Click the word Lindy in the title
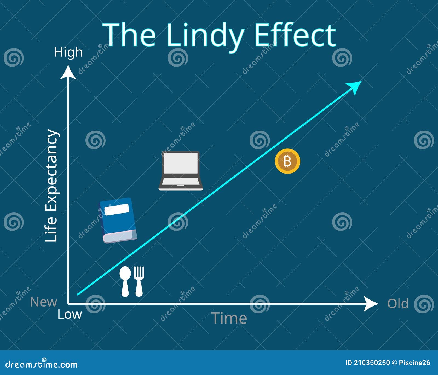(205, 36)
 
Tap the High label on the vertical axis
(68, 52)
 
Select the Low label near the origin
(70, 314)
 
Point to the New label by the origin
(44, 302)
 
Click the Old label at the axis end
(397, 304)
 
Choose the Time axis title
(229, 318)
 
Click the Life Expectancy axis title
(51, 186)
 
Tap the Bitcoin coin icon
(287, 161)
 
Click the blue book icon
(118, 220)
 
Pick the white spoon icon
(125, 281)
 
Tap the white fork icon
(139, 281)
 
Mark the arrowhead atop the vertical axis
(68, 72)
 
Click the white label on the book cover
(117, 209)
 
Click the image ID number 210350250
(371, 363)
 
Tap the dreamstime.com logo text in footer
(42, 364)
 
